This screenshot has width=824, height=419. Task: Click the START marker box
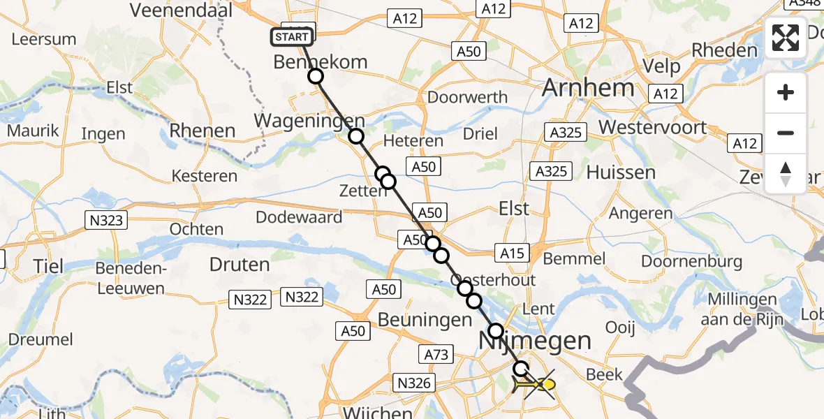coord(291,37)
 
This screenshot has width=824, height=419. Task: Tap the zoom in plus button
coord(786,92)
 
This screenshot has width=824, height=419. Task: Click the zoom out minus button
coord(786,133)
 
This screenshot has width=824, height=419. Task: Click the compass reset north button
coord(786,173)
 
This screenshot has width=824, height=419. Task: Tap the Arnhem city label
coord(588,88)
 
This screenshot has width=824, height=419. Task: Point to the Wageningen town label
coord(309,120)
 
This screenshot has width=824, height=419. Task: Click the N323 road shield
coord(106,221)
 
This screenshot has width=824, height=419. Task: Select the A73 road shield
coord(436,355)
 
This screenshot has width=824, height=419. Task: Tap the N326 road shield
coord(414,383)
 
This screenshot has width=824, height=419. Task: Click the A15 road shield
coord(512,253)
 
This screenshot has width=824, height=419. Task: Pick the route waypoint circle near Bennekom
coord(316,76)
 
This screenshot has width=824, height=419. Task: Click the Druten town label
coord(240,265)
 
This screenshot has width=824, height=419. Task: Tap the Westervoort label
coord(652,128)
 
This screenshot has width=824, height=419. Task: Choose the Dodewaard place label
coord(299,216)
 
